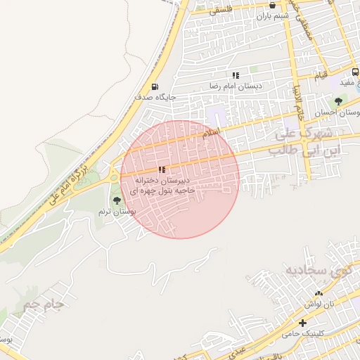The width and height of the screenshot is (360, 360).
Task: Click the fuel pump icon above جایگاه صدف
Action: (155, 86)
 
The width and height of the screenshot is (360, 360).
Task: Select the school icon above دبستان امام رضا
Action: (236, 75)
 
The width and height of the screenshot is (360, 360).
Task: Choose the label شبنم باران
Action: (273, 15)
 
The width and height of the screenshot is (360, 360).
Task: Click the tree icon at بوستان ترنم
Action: (117, 201)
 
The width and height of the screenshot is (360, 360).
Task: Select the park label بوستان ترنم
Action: (117, 212)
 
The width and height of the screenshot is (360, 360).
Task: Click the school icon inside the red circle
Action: (162, 169)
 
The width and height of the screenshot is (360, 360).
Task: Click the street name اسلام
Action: (211, 131)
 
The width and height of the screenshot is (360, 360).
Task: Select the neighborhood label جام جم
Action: (44, 305)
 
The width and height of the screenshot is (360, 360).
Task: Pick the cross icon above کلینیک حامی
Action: (302, 323)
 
